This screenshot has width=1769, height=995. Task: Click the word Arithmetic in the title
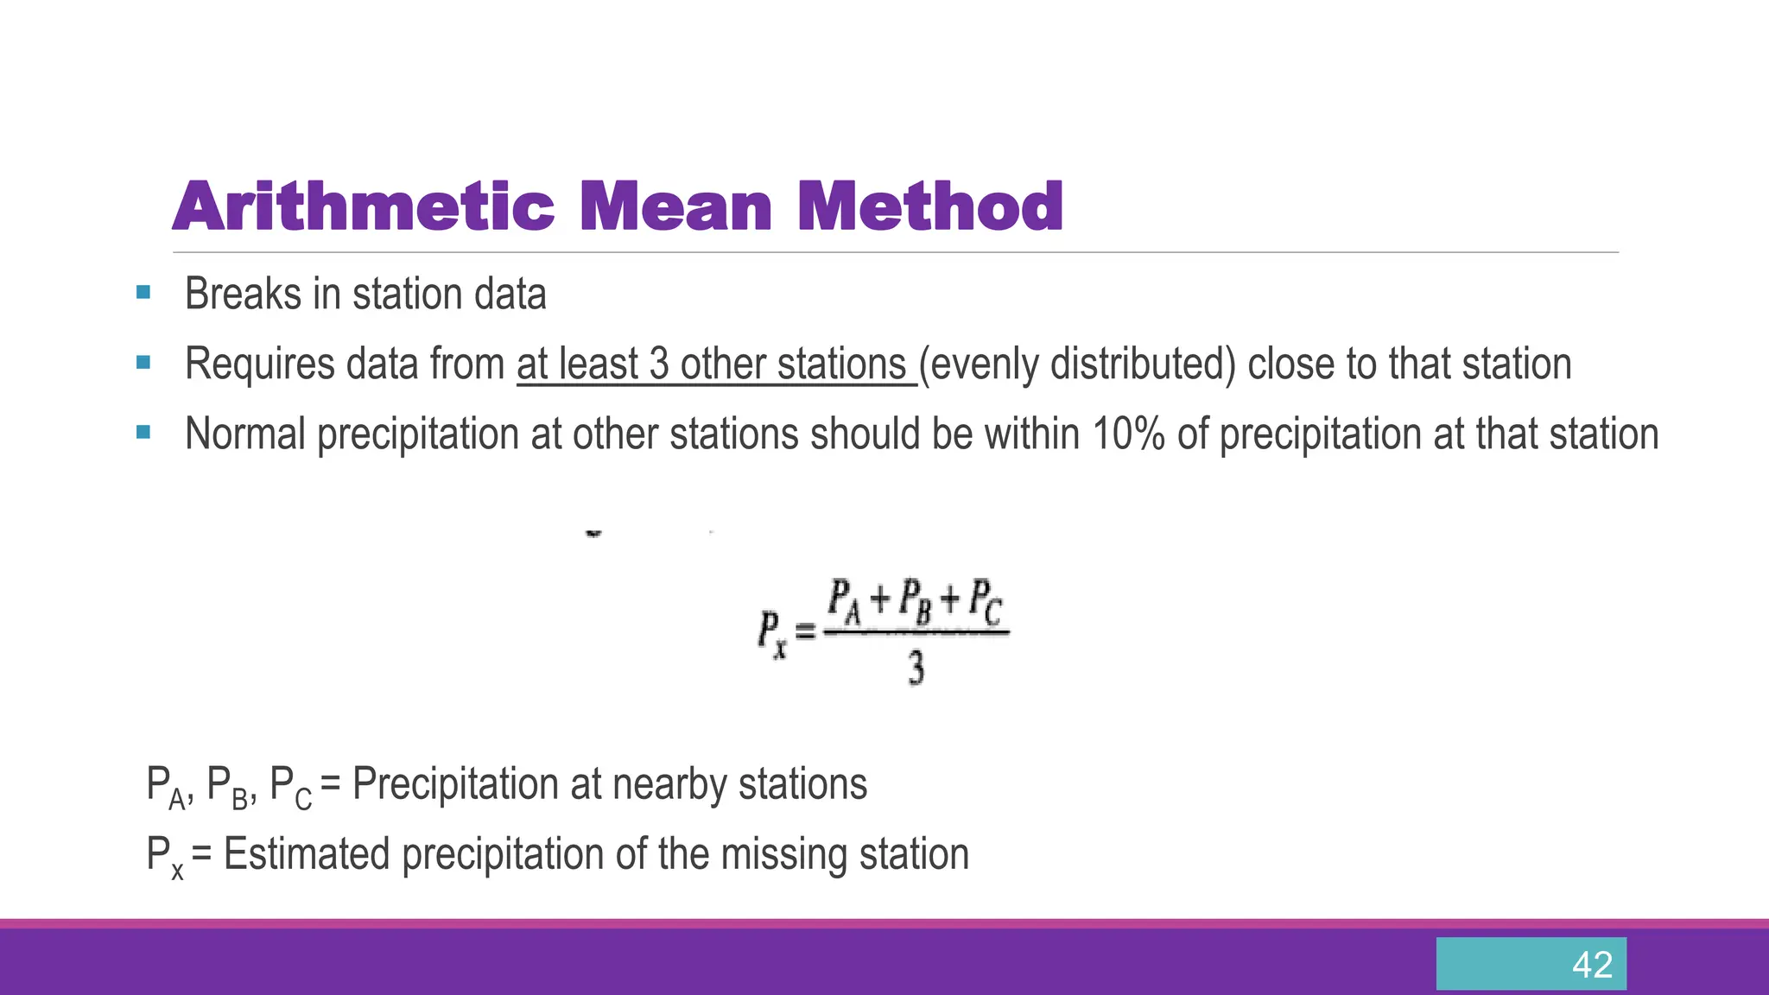(363, 207)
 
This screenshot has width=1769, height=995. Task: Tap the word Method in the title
(929, 207)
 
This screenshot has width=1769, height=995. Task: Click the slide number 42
(1592, 965)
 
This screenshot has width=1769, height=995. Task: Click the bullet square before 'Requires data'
(143, 363)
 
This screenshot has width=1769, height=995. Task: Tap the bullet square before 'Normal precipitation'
(143, 432)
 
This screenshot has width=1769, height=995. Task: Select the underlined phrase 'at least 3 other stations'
(715, 364)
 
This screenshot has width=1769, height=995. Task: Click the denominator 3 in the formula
(916, 669)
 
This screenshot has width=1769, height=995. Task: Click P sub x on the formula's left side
(772, 633)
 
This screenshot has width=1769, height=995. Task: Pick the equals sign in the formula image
(805, 633)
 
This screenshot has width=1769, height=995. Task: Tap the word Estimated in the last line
(307, 854)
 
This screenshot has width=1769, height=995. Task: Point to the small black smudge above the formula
(593, 534)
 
